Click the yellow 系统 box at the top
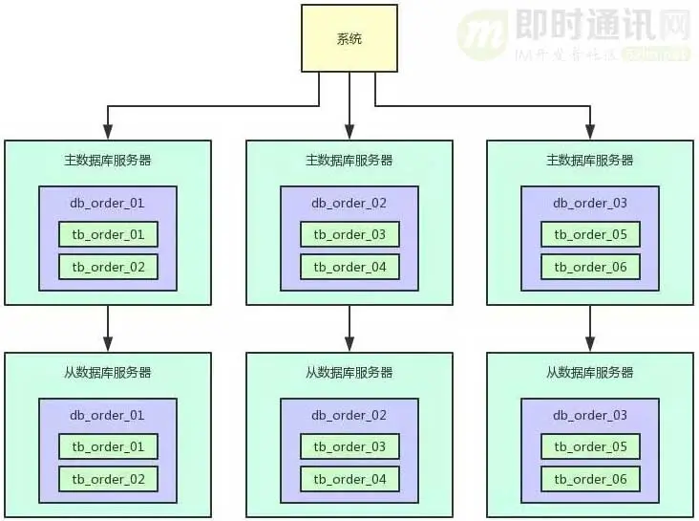coord(349,38)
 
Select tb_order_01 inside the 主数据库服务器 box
coord(108,234)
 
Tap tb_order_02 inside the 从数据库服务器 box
coord(108,479)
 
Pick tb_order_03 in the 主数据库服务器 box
coord(349,234)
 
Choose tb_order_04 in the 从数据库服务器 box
coord(349,479)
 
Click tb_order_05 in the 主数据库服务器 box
coord(590,234)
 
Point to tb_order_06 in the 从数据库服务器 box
coord(590,479)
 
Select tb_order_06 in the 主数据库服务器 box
coord(590,267)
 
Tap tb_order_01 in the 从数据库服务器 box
coord(108,446)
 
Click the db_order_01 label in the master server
coord(108,203)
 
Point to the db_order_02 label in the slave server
coord(349,415)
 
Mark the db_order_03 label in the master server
coord(590,203)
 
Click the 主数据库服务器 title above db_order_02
coord(349,160)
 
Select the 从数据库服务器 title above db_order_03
coord(590,372)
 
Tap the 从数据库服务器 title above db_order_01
coord(108,372)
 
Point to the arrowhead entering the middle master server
coord(349,132)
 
